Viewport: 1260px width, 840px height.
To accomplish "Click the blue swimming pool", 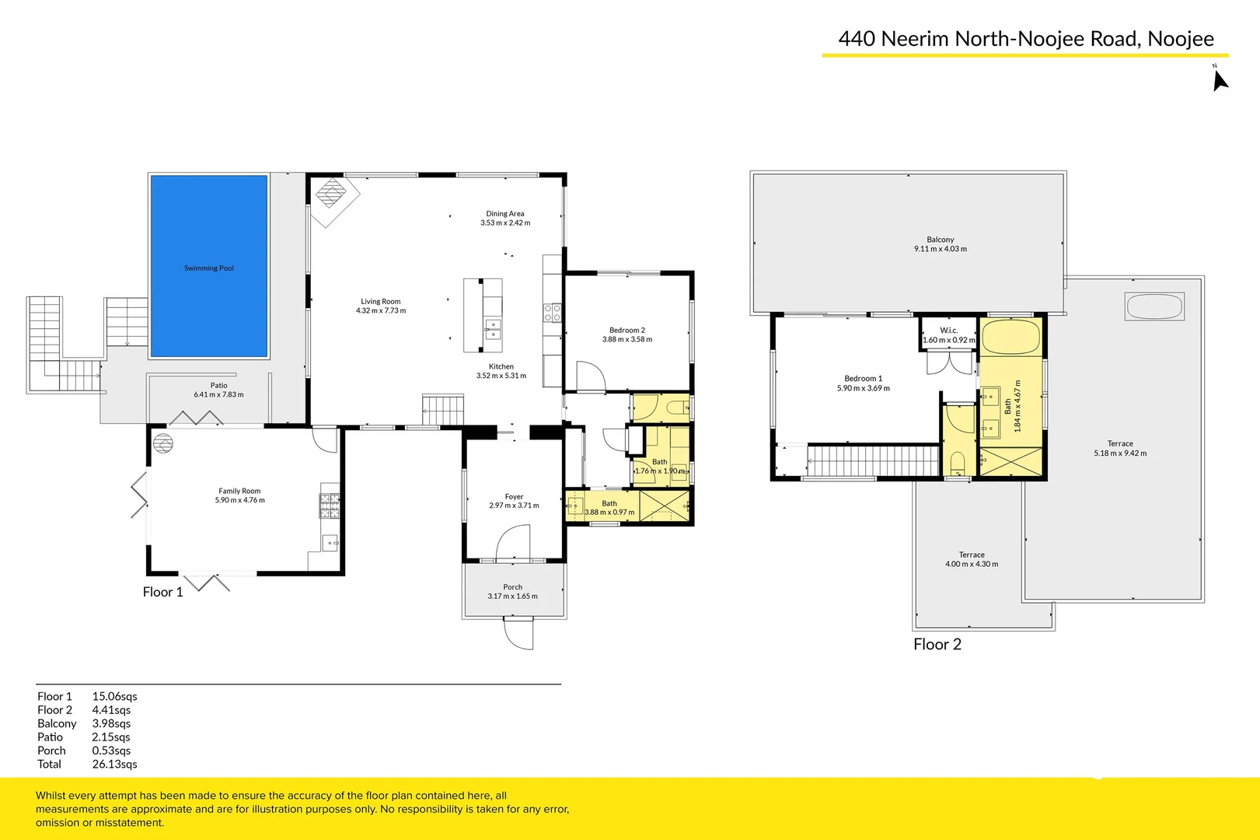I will (x=208, y=264).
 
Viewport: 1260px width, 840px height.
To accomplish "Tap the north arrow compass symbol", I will (x=1220, y=80).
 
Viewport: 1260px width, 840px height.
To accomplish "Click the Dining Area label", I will (x=504, y=213).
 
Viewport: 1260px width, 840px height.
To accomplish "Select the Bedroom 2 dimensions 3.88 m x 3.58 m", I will (x=627, y=339).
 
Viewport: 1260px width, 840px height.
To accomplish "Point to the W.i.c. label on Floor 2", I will (x=948, y=331).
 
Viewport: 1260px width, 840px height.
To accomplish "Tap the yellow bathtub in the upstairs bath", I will (x=1010, y=337).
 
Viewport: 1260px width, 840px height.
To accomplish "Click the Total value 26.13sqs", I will (x=114, y=764).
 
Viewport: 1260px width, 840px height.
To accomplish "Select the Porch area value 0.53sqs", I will (x=111, y=751).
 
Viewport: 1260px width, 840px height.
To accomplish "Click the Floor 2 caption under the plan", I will (x=937, y=644).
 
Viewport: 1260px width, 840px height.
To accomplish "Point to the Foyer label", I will (x=514, y=496).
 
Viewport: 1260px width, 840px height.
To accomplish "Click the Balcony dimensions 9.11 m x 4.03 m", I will (x=940, y=249).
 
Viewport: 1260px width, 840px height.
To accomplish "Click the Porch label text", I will (x=512, y=587).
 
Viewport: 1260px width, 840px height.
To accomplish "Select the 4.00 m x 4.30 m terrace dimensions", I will (x=971, y=564).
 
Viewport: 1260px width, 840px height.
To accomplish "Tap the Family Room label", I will (x=239, y=491).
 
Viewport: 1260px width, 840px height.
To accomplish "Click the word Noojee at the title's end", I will (x=1180, y=39).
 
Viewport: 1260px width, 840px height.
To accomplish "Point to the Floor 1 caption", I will (x=162, y=592).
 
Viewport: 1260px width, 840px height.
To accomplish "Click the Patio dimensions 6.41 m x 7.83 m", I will (x=218, y=394).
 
